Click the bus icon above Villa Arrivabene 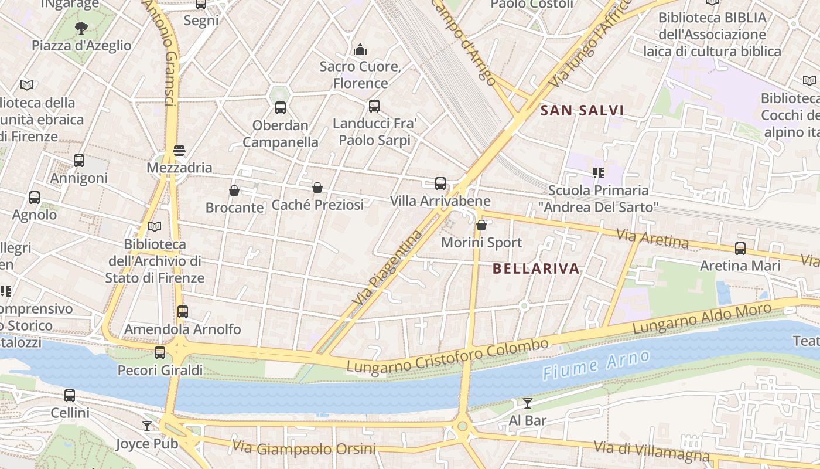pos(440,183)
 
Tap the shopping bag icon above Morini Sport pos(481,225)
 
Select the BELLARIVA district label pos(536,269)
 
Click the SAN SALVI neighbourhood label pos(582,110)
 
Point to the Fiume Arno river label pos(596,365)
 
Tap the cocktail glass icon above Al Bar pos(528,403)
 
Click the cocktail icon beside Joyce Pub pos(147,426)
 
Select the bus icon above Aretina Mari pos(740,248)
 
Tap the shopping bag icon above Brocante pos(234,191)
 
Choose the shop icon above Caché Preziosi pos(317,188)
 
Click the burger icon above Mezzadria pos(179,151)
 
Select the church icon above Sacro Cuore pos(360,49)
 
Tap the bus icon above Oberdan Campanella pos(281,108)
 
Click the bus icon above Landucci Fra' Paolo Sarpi pos(374,106)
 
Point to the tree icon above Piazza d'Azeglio pos(81,28)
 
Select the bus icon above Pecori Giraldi pos(160,353)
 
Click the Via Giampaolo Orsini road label pos(303,448)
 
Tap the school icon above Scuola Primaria pos(598,173)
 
